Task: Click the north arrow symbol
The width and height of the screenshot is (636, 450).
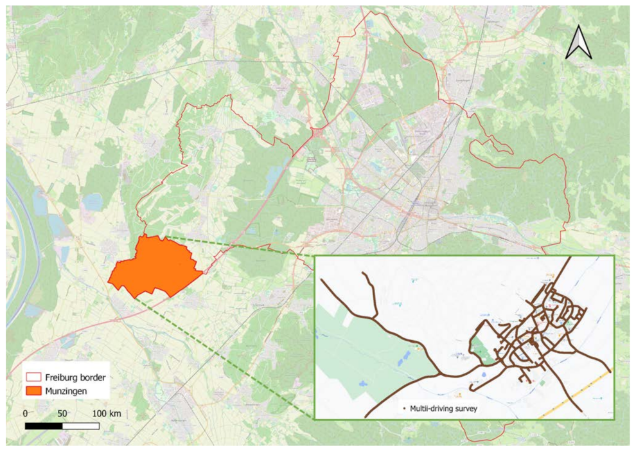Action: [x=579, y=44]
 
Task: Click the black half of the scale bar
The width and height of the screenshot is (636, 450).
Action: [x=44, y=426]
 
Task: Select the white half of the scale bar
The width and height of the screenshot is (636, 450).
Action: [x=81, y=426]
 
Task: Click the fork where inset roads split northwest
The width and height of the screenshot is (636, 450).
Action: [x=375, y=317]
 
